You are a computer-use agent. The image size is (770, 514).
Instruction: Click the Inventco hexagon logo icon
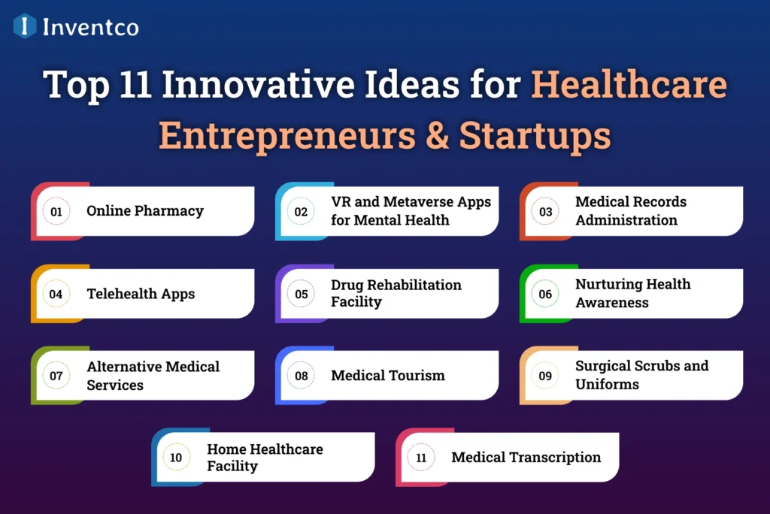[25, 26]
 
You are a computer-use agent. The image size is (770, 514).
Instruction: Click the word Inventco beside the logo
[91, 27]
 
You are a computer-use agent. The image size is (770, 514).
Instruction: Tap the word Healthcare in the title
[629, 84]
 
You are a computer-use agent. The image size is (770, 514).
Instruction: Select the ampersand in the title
[437, 135]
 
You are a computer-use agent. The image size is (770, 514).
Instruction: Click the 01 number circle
[56, 212]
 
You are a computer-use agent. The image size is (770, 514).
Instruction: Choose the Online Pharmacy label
[145, 211]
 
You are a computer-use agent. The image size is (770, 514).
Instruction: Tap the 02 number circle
[301, 212]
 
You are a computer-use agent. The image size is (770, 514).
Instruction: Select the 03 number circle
[545, 212]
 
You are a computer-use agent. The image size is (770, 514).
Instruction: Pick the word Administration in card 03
[626, 220]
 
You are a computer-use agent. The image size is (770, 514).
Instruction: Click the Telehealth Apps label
[141, 294]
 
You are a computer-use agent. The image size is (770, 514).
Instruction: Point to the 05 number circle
[301, 294]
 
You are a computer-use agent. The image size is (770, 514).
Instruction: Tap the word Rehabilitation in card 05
[414, 285]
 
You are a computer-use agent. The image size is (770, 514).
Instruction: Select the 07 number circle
[56, 376]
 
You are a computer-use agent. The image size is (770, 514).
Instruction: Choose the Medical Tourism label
[388, 376]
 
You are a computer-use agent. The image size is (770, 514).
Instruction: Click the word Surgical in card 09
[603, 366]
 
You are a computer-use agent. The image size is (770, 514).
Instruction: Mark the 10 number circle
[176, 458]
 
